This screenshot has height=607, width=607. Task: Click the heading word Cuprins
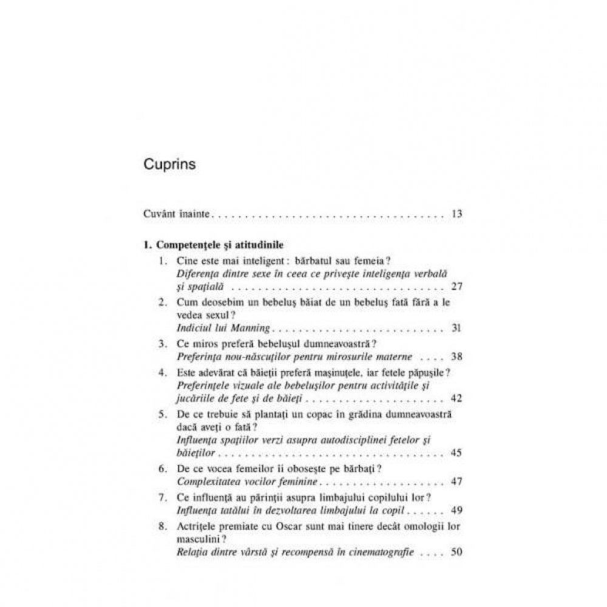(x=170, y=164)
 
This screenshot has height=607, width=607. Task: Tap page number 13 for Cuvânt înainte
(x=457, y=214)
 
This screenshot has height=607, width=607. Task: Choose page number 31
(x=457, y=329)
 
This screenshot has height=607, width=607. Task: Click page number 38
(x=457, y=357)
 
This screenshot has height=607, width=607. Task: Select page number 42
(x=457, y=398)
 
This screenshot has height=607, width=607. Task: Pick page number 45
(x=457, y=453)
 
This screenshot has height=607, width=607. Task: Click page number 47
(x=457, y=481)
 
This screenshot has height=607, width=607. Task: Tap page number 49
(x=457, y=509)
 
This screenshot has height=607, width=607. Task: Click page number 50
(x=457, y=552)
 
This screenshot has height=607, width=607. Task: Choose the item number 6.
(x=161, y=469)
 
